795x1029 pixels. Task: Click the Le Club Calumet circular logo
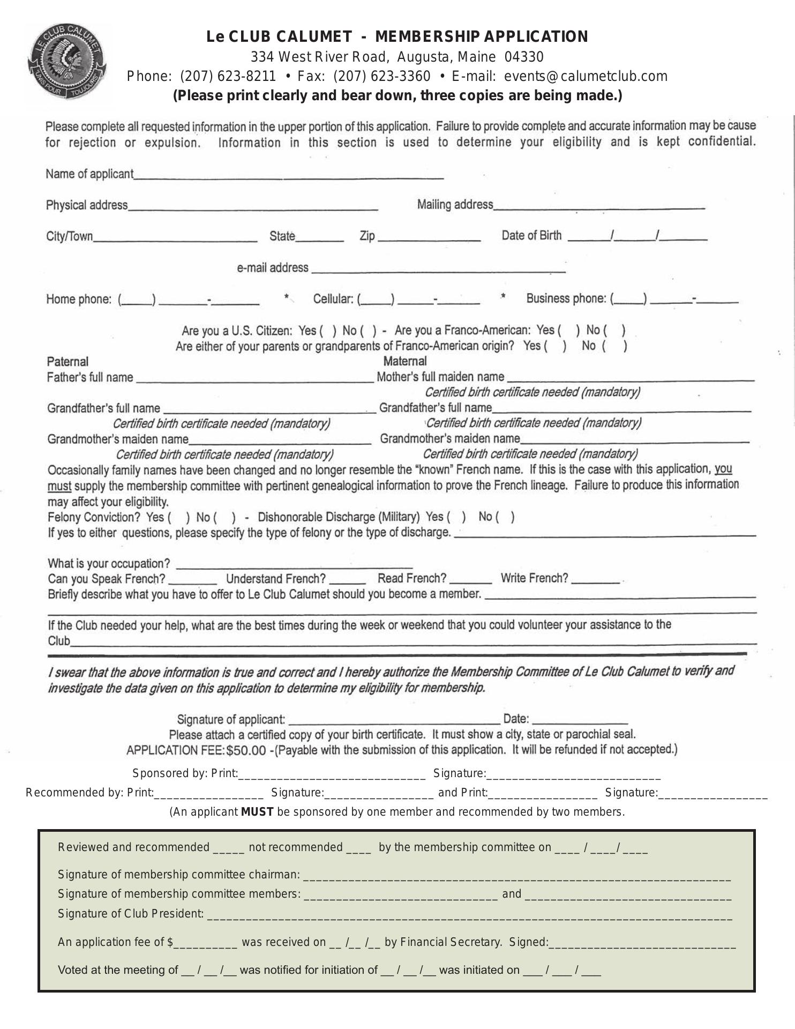pyautogui.click(x=66, y=63)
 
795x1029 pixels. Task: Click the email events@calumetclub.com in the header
pyautogui.click(x=586, y=76)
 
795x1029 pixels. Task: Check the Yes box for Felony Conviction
pyautogui.click(x=179, y=518)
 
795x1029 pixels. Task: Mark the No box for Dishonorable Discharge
pyautogui.click(x=506, y=517)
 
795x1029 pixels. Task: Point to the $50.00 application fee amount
pyautogui.click(x=246, y=750)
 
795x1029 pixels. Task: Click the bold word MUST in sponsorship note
pyautogui.click(x=257, y=812)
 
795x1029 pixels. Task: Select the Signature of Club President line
pyautogui.click(x=469, y=914)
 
